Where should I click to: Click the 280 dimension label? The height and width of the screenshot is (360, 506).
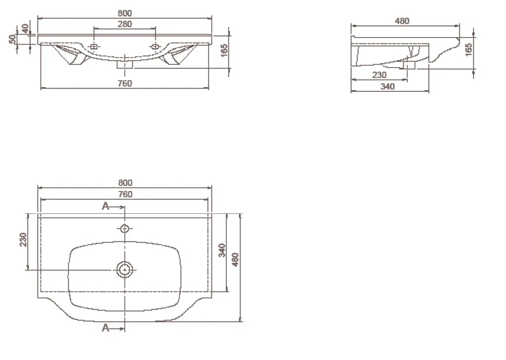point(124,24)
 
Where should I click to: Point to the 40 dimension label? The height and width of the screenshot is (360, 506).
point(25,28)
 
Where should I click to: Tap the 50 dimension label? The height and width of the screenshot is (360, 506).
point(12,39)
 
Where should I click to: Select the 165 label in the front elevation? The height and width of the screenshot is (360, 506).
point(224,50)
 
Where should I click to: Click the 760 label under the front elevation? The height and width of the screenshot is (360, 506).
point(124,83)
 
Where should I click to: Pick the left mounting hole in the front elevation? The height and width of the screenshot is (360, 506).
point(94,47)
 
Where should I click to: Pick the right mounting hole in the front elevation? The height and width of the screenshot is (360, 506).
point(155,47)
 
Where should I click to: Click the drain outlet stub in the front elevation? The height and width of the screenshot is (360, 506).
point(125,65)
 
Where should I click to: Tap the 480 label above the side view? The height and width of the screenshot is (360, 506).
point(402,21)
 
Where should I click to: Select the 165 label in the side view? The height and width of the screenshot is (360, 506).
point(468,49)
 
